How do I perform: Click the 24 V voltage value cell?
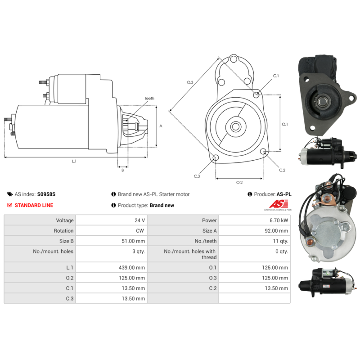[139, 220]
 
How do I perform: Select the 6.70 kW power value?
[279, 220]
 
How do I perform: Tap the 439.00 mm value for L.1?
[132, 267]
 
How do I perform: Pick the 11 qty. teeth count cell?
[280, 241]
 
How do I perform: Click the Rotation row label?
[63, 231]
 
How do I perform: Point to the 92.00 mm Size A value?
[276, 231]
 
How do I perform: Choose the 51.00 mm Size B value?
[133, 241]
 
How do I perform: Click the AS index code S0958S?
[46, 194]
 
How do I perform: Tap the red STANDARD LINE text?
[34, 205]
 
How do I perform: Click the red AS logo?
[279, 204]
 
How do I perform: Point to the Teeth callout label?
[149, 98]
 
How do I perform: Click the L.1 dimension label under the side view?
[74, 161]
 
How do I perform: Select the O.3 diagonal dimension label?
[190, 82]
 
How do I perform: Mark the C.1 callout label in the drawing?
[276, 76]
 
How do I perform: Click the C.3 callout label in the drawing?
[197, 176]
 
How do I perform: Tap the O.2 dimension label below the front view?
[239, 182]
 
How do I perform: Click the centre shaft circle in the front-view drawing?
[236, 126]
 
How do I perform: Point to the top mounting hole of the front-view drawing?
[234, 59]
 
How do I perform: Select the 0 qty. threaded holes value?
[282, 252]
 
